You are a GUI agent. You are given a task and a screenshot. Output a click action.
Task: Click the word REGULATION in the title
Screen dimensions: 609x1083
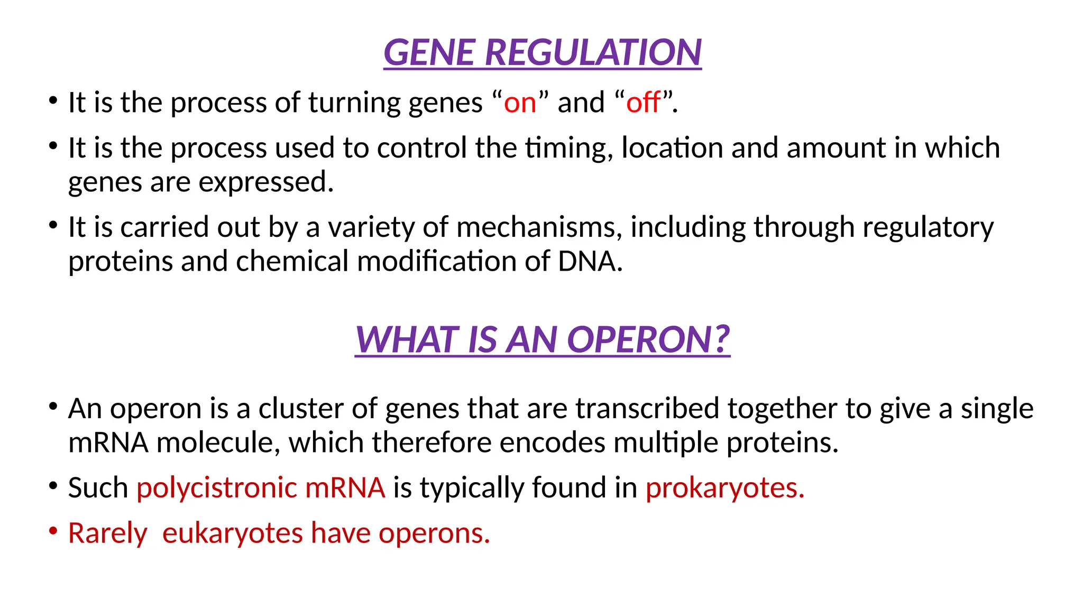pos(593,53)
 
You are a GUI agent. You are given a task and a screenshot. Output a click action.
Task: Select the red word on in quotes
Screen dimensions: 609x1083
pos(520,103)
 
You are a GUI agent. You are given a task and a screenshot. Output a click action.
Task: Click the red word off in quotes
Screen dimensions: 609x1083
pos(643,103)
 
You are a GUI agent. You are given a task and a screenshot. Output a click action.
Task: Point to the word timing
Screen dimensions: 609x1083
pos(569,148)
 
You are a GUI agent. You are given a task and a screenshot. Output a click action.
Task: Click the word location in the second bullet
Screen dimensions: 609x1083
pos(672,148)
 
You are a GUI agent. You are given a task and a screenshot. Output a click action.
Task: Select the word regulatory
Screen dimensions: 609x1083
pos(928,228)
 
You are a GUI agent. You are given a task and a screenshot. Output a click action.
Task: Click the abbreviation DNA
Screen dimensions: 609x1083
pos(590,262)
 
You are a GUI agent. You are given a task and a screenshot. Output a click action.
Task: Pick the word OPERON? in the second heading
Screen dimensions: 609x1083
pos(648,339)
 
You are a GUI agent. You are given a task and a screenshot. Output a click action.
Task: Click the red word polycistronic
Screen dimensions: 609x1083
pos(216,487)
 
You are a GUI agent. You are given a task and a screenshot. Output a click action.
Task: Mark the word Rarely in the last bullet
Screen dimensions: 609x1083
pos(107,533)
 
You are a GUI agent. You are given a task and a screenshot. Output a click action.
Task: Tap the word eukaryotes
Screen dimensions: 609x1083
pos(233,533)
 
